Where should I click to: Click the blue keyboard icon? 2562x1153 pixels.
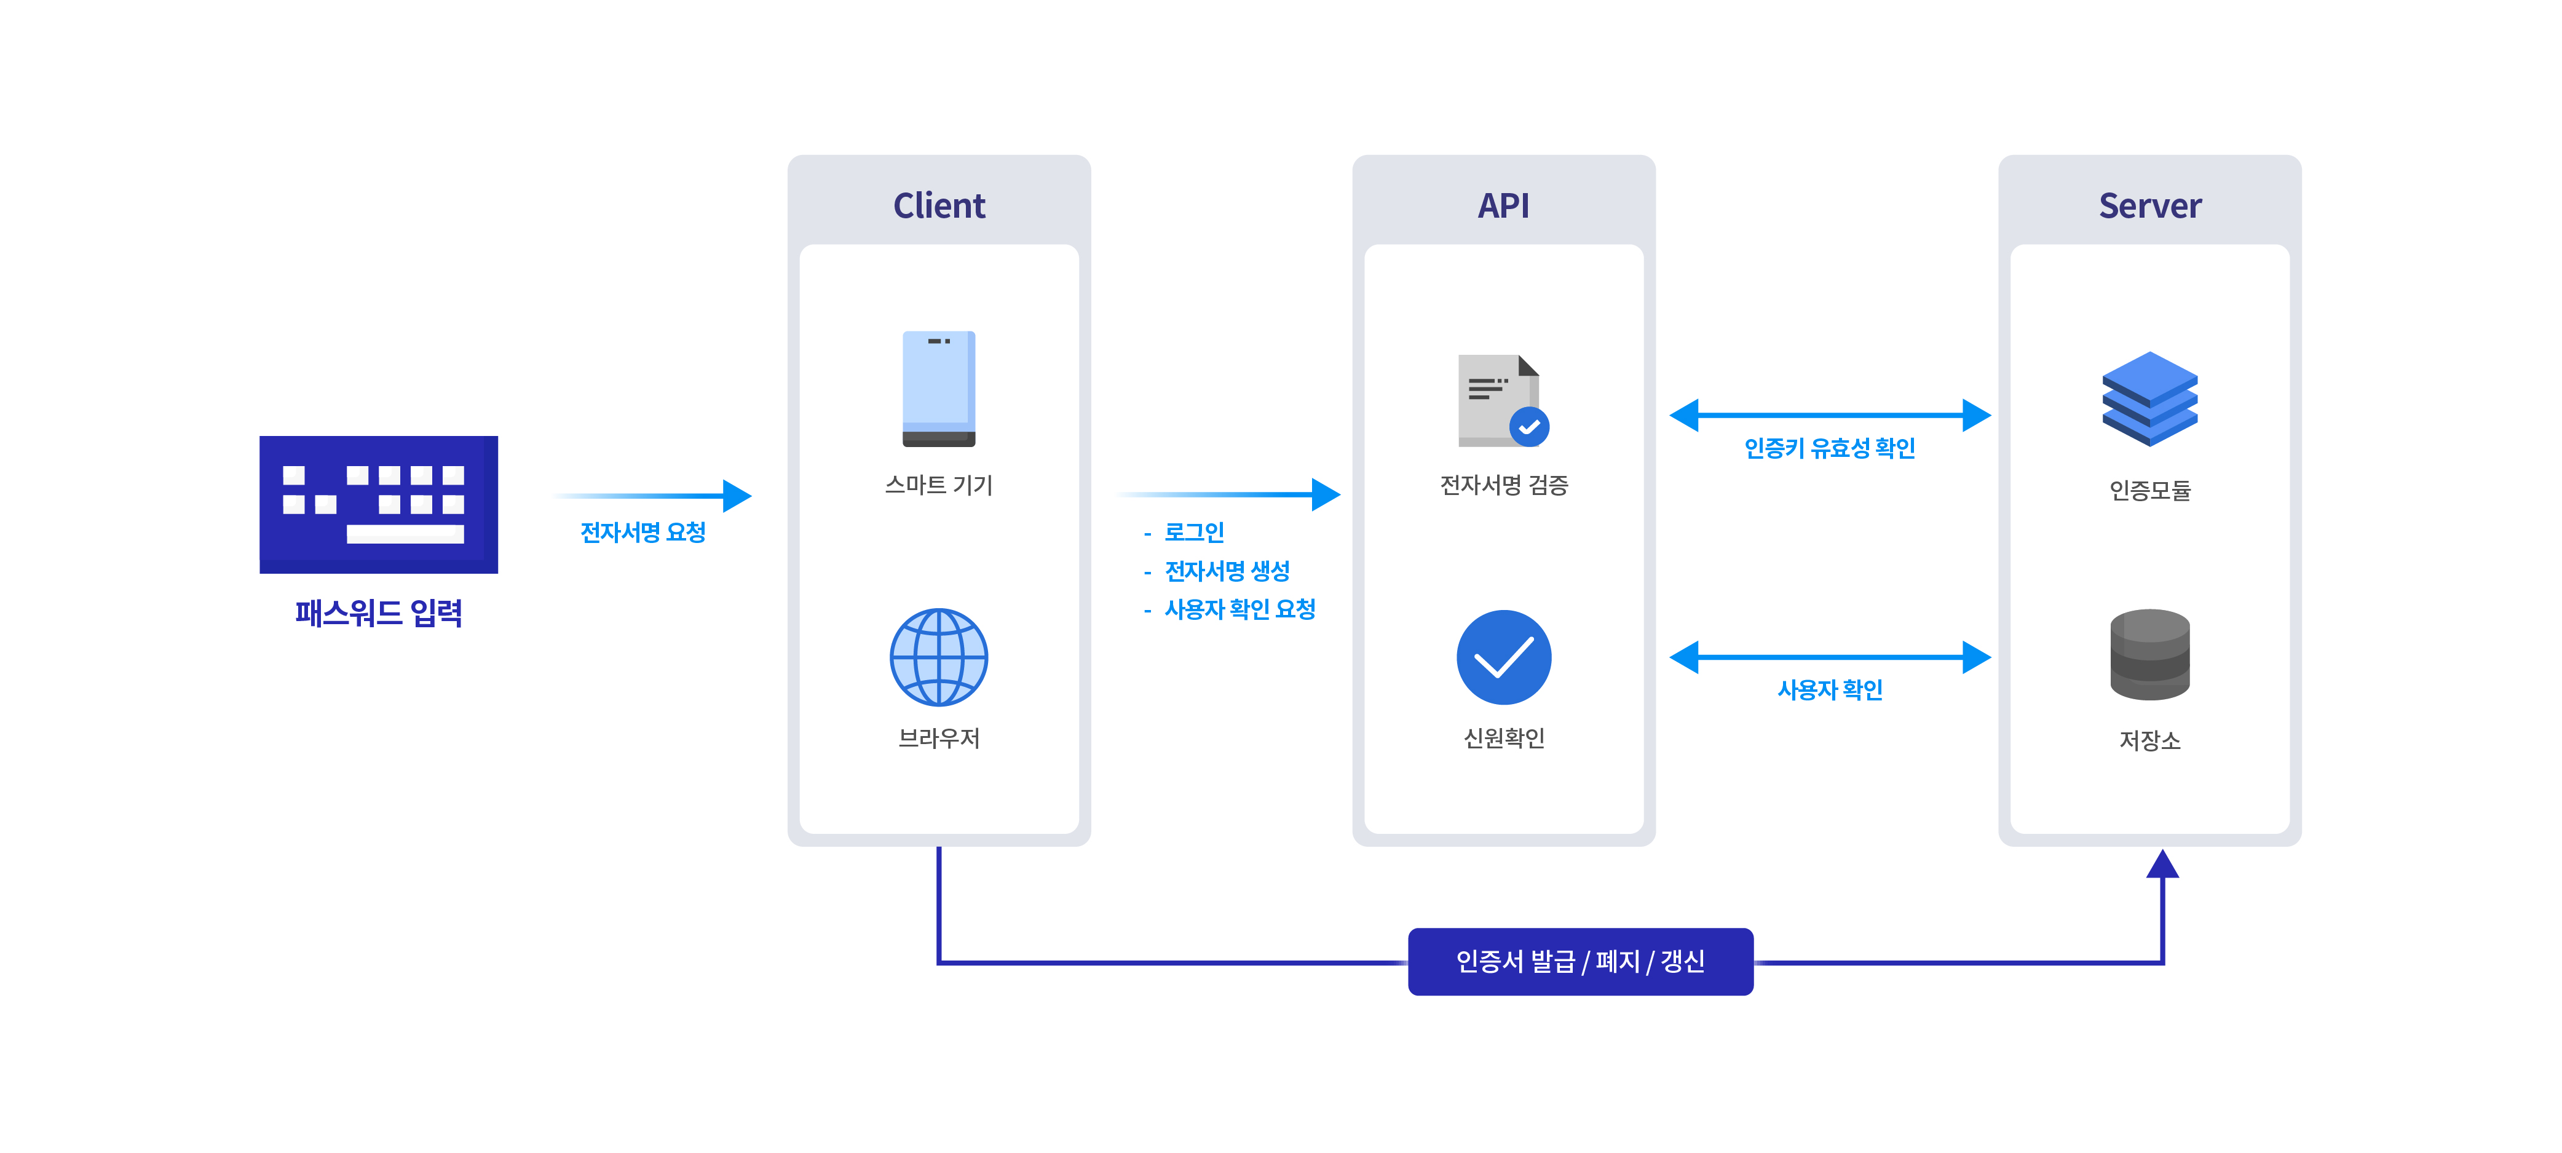[x=379, y=504]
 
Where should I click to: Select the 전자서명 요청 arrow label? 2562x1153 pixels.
[x=642, y=533]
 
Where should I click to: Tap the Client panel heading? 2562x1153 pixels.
[x=939, y=206]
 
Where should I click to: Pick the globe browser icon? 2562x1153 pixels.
[x=939, y=657]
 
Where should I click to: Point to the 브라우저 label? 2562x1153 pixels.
[x=939, y=738]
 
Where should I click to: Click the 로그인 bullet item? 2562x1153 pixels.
[x=1193, y=533]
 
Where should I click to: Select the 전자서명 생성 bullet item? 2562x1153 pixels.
[x=1227, y=571]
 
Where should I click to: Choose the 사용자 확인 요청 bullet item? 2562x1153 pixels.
[x=1239, y=609]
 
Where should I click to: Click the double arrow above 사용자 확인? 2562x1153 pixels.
[x=1829, y=657]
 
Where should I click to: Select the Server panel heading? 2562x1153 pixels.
[x=2149, y=206]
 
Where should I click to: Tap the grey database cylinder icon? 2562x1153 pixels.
[x=2149, y=654]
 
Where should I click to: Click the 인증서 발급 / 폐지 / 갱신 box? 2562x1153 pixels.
[x=1580, y=961]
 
